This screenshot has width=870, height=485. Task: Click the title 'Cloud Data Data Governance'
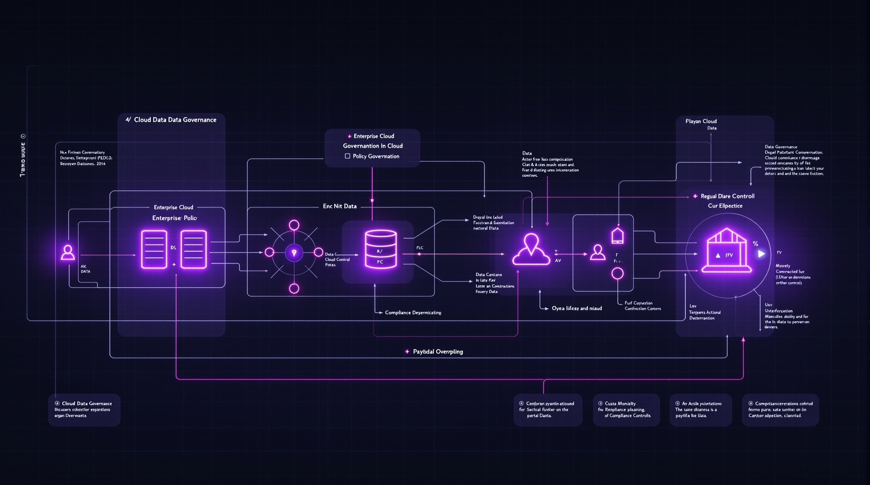175,120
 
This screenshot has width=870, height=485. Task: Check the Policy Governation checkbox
347,156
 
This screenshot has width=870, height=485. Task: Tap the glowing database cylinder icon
381,249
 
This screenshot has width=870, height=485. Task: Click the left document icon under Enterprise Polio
154,249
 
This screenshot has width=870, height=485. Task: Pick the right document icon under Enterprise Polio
193,249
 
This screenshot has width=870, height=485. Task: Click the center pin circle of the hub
294,253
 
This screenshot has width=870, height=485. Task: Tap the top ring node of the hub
294,225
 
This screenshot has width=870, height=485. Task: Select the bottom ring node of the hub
294,288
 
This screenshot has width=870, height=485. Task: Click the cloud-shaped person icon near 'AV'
531,249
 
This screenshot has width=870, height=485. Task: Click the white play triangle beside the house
761,254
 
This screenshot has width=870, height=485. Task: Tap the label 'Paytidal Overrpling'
438,351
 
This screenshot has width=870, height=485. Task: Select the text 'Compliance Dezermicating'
413,313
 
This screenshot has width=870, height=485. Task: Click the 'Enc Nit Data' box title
340,206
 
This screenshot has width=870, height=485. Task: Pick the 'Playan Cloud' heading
701,121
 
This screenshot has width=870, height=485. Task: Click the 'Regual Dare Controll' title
727,196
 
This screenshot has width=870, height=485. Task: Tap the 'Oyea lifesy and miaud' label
577,308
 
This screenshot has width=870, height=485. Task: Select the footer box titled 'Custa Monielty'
626,410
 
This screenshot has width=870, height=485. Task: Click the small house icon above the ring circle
617,236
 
